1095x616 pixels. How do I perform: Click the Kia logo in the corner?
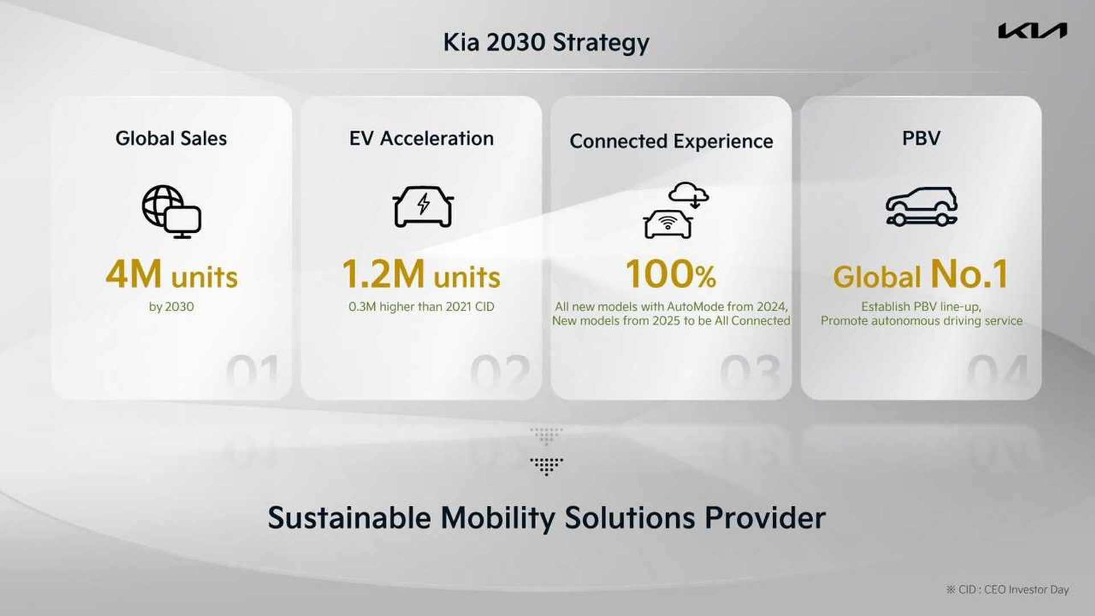(x=1032, y=31)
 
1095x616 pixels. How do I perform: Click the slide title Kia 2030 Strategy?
(x=546, y=43)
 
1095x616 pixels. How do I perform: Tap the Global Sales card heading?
(x=171, y=139)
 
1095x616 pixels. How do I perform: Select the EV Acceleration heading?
(x=421, y=139)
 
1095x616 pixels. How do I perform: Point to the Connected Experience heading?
(x=671, y=141)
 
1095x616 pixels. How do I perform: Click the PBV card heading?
(x=921, y=139)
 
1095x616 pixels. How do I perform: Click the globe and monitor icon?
(x=171, y=211)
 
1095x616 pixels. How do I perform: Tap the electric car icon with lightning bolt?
(x=423, y=206)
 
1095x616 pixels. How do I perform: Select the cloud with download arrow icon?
(x=688, y=194)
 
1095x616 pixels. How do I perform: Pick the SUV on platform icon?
(x=921, y=206)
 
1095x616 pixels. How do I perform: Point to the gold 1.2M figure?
(x=383, y=275)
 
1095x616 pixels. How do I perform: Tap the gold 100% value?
(x=671, y=275)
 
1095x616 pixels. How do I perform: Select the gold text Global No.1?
(x=921, y=275)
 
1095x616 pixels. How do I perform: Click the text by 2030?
(x=171, y=307)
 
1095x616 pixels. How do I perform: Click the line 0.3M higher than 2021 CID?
(x=421, y=307)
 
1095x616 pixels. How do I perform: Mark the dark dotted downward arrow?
(x=546, y=466)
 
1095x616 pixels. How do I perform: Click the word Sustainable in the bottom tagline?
(x=349, y=518)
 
